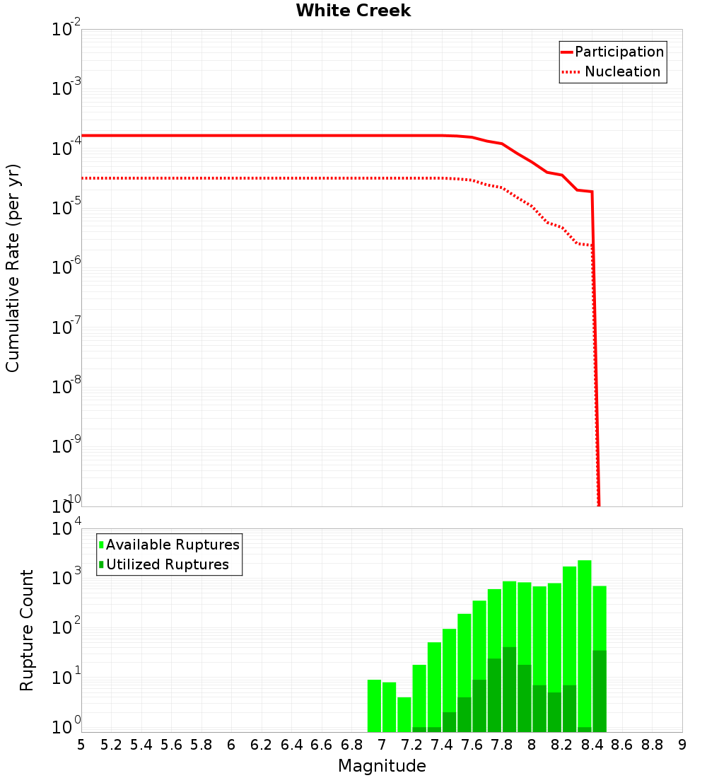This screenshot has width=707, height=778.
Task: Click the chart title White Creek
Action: pos(353,11)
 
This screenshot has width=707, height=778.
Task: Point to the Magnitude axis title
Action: pos(382,766)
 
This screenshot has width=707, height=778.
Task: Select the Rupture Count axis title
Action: pos(27,630)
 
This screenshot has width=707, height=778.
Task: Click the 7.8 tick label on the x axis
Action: pos(502,744)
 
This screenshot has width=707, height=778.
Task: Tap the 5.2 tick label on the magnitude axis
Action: pos(111,744)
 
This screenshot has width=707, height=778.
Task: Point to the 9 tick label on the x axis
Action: pos(682,744)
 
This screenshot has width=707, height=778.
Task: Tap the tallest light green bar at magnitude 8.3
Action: pos(585,637)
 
